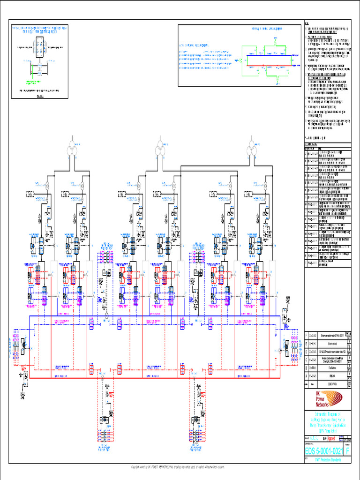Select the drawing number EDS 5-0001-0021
coord(324,451)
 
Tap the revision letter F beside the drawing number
coord(347,451)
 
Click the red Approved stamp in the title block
coord(331,439)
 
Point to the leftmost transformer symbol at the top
coord(72,144)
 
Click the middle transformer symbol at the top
coord(160,144)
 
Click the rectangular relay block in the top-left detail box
coord(39,48)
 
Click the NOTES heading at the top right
coord(307,23)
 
